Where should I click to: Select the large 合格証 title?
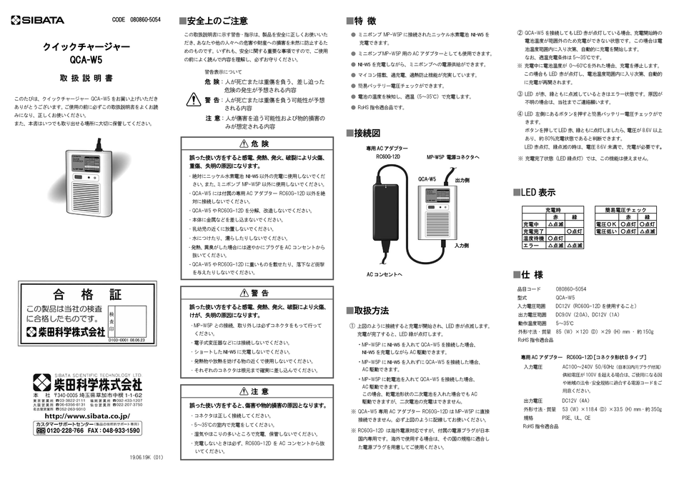(x=87, y=293)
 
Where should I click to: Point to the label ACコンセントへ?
(x=385, y=273)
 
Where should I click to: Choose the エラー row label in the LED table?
(x=532, y=246)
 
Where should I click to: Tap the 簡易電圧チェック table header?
(x=625, y=210)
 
